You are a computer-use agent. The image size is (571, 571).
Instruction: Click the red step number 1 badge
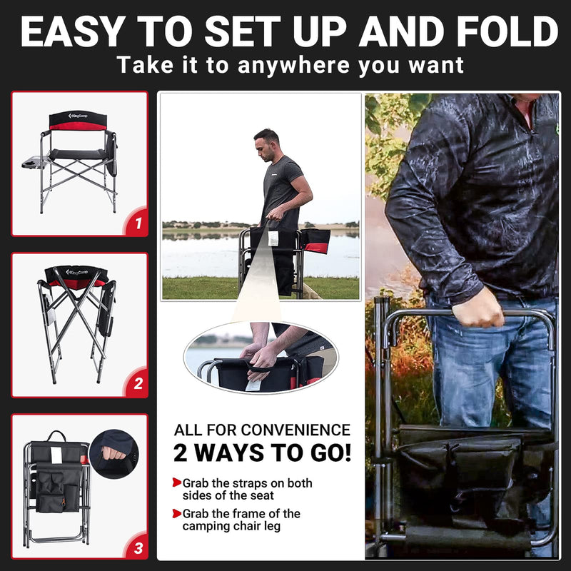click(x=136, y=224)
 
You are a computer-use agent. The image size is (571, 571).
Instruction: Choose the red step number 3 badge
click(x=136, y=547)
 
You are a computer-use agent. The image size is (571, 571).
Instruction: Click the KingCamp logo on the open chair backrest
click(x=77, y=116)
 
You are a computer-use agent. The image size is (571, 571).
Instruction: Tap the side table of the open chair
click(x=33, y=163)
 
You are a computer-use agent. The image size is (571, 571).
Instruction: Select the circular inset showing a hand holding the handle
click(x=114, y=454)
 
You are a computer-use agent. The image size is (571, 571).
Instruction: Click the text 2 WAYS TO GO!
click(x=262, y=453)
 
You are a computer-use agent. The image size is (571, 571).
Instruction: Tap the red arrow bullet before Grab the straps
click(x=176, y=483)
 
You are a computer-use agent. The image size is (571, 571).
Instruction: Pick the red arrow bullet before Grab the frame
click(x=176, y=513)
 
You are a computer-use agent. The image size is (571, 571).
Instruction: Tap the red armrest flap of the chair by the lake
click(x=317, y=247)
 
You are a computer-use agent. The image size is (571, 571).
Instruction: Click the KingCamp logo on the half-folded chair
click(x=76, y=272)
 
